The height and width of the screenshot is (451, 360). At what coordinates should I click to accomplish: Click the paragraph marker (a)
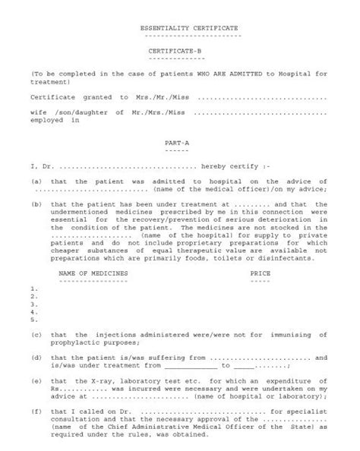[36, 182]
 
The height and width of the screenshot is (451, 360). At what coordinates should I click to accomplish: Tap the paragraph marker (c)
[36, 334]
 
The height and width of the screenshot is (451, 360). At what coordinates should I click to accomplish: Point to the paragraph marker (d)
[36, 357]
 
